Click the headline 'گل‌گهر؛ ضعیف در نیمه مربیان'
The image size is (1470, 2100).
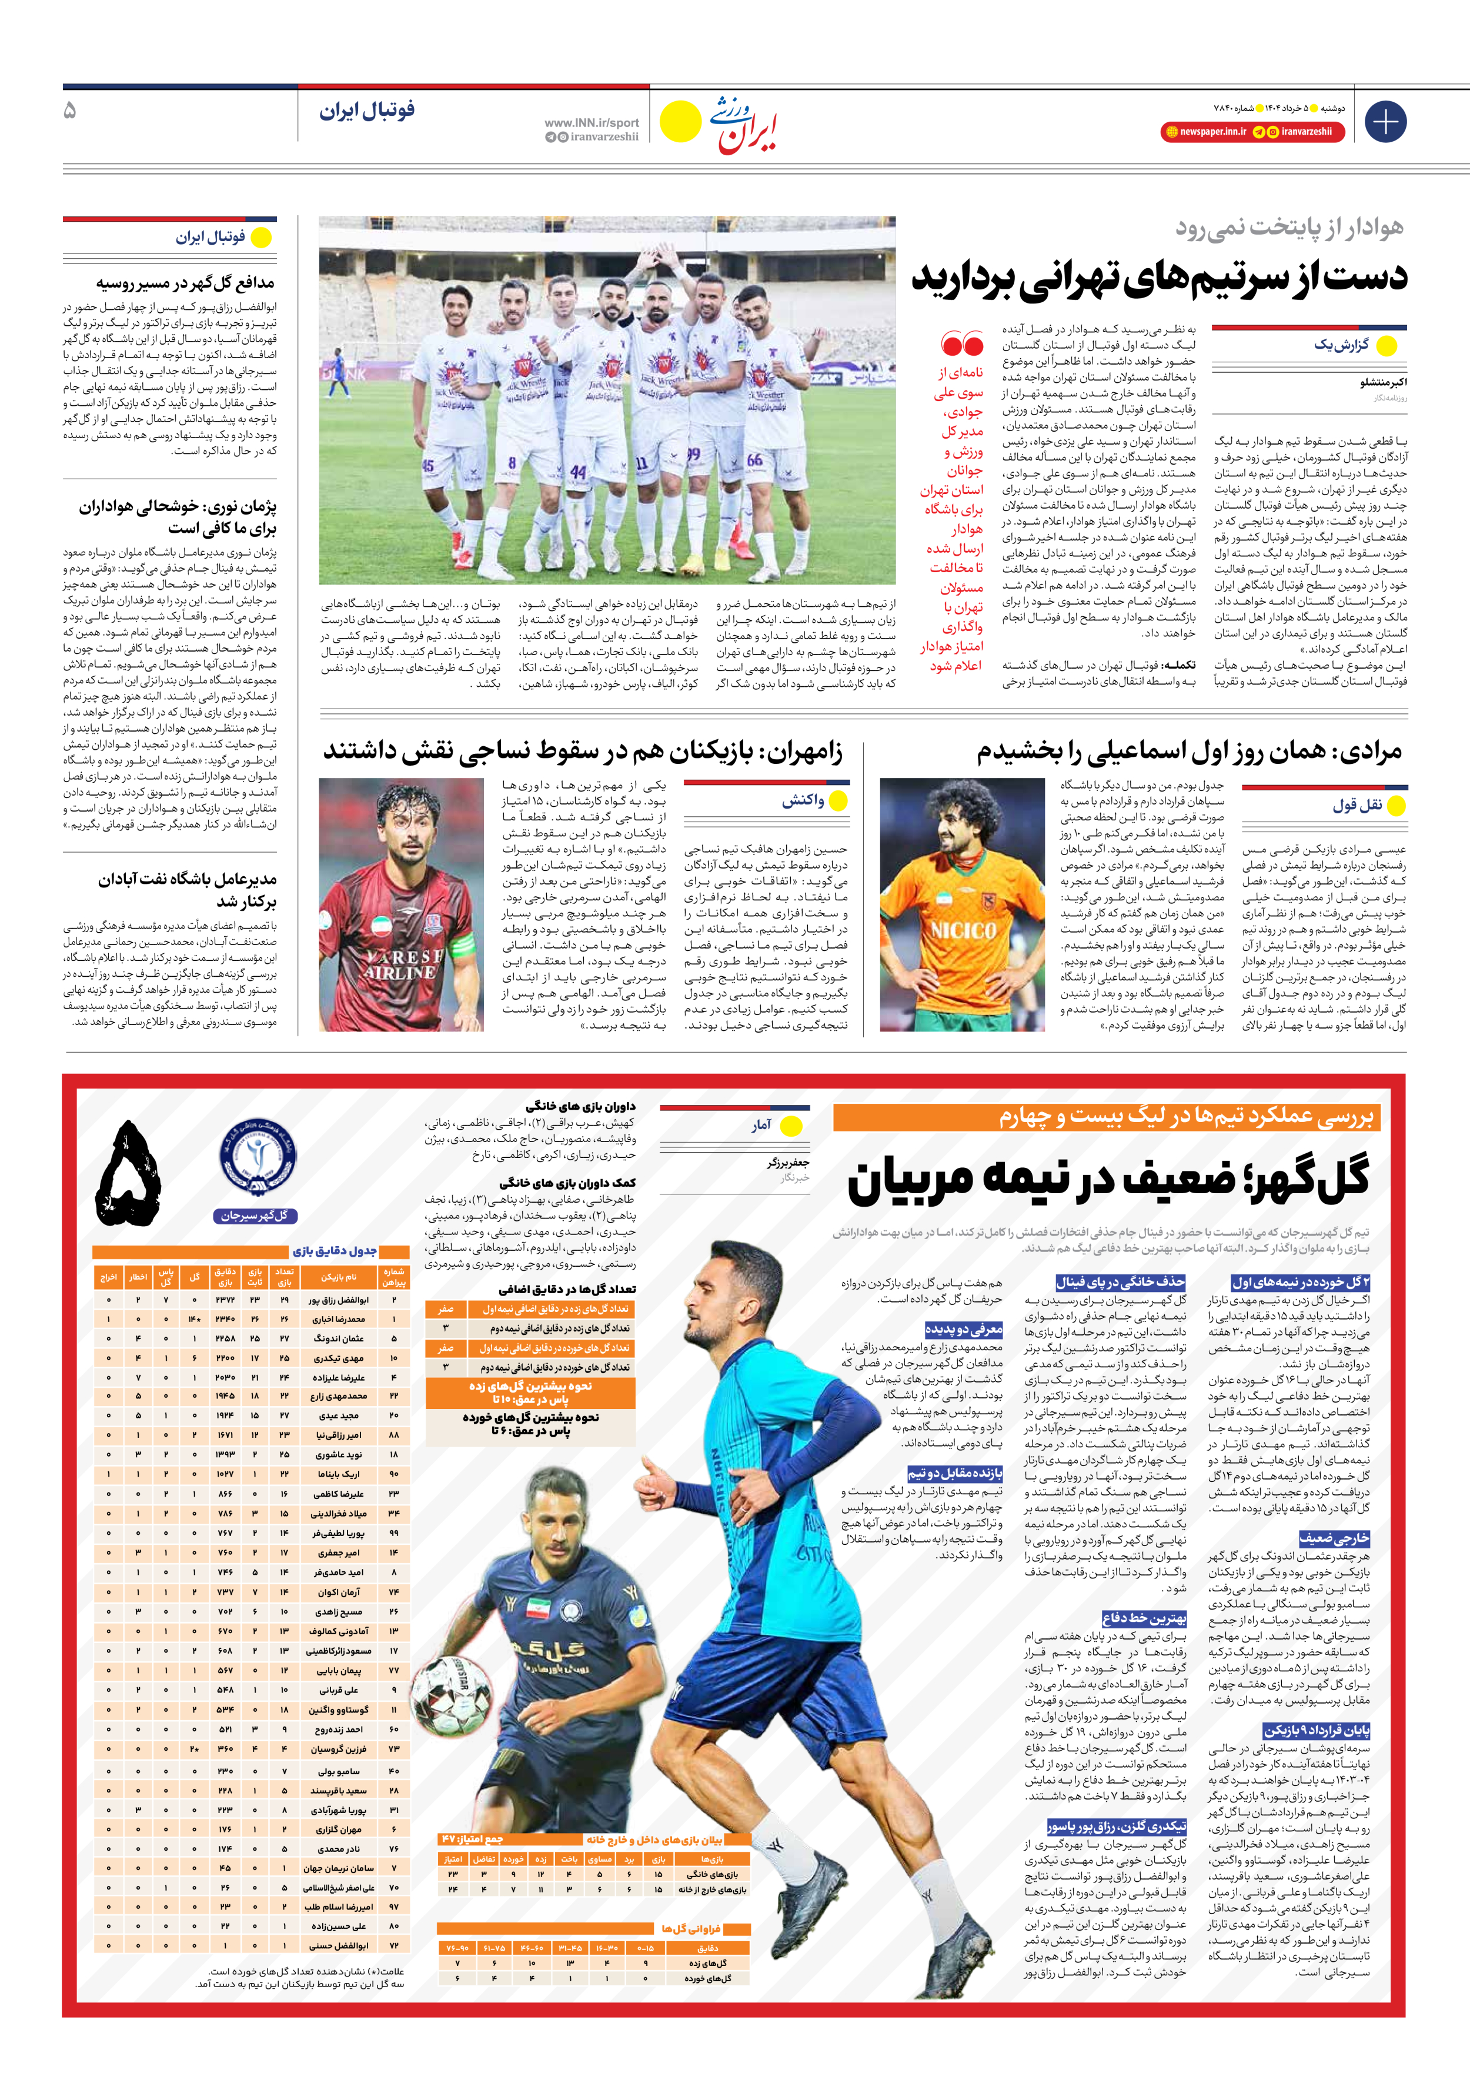coord(1109,1180)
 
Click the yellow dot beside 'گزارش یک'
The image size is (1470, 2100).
coord(1386,346)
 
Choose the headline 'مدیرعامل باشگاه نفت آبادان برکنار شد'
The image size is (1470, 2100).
coord(186,890)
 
